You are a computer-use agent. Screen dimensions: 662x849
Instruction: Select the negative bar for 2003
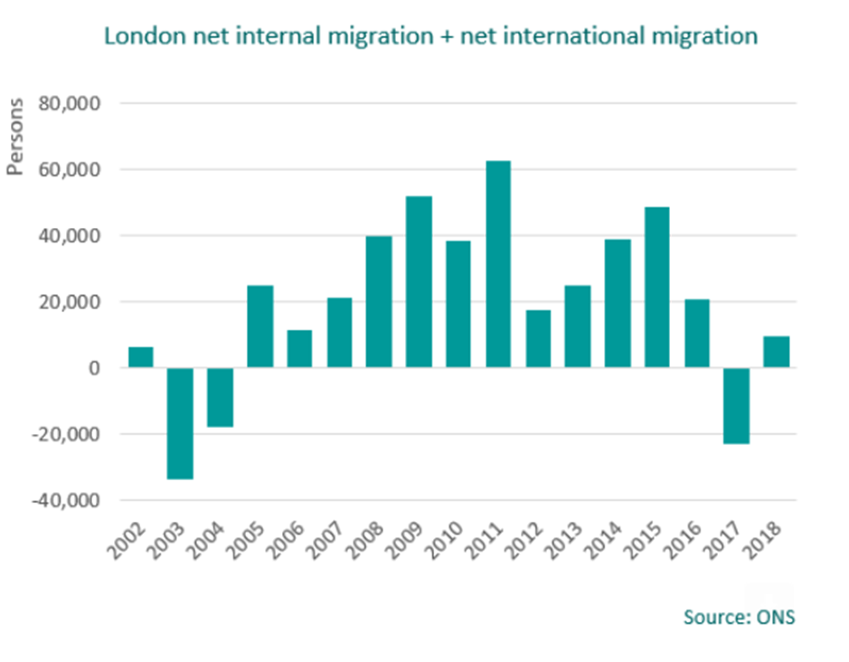[181, 423]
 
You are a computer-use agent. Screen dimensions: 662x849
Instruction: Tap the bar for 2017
[737, 406]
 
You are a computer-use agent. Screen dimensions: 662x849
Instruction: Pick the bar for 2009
[419, 281]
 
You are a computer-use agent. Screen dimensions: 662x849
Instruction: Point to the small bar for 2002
[141, 357]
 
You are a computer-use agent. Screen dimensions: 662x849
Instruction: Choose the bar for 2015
[657, 287]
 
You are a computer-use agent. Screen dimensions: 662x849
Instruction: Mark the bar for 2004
[221, 397]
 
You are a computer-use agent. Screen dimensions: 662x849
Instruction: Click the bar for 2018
[776, 352]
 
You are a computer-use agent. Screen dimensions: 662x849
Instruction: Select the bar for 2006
[299, 349]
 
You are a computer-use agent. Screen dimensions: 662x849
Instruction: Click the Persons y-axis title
[15, 145]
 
